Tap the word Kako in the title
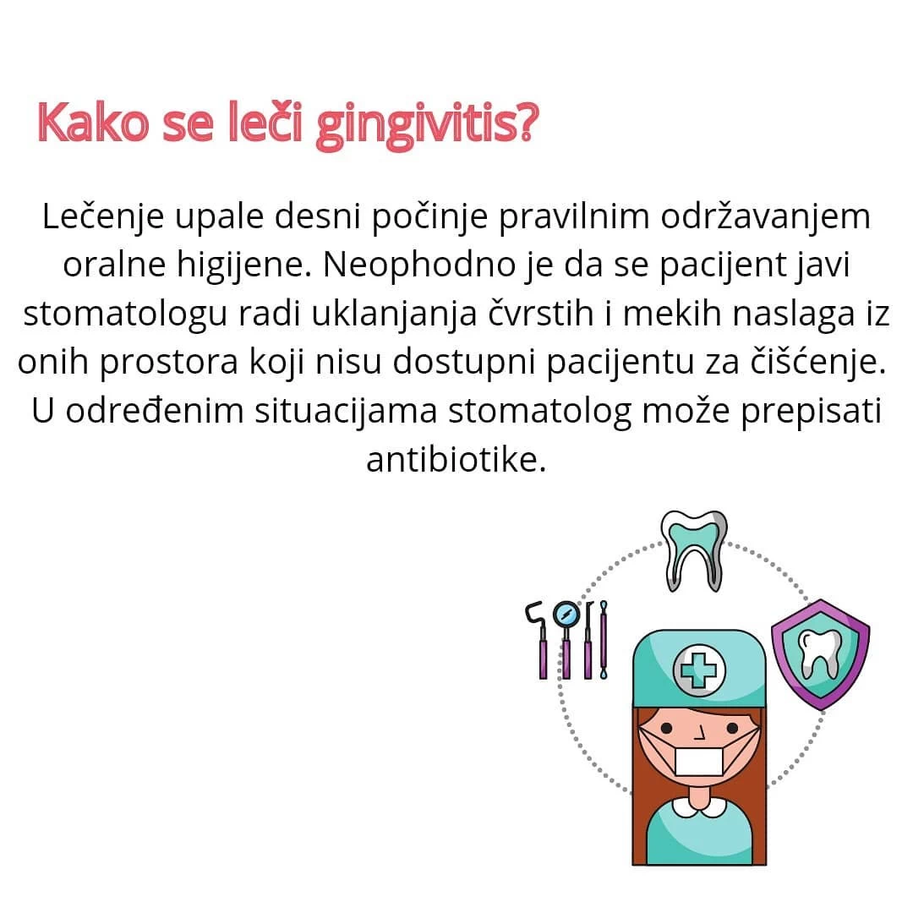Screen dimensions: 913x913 (93, 122)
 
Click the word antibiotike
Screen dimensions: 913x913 (456, 460)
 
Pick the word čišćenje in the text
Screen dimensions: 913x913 (812, 362)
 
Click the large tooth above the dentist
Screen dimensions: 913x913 (693, 549)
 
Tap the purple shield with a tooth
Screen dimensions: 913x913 (820, 654)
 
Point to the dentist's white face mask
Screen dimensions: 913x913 (699, 761)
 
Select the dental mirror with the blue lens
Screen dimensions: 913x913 (566, 639)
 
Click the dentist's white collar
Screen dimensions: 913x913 (699, 807)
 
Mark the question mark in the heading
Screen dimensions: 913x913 (528, 122)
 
